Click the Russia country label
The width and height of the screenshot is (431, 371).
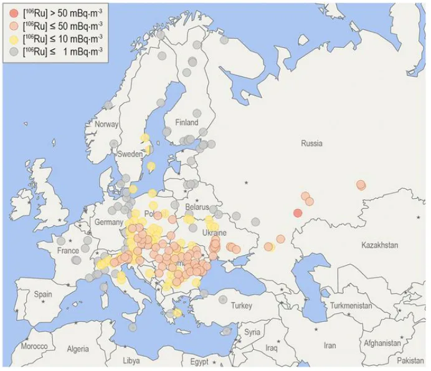pyautogui.click(x=311, y=143)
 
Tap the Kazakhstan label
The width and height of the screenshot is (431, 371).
pyautogui.click(x=379, y=245)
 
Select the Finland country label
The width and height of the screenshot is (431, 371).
pyautogui.click(x=187, y=122)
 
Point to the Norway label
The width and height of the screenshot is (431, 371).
pyautogui.click(x=107, y=124)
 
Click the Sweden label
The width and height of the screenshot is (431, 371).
pyautogui.click(x=130, y=153)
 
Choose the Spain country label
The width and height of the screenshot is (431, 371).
pyautogui.click(x=43, y=294)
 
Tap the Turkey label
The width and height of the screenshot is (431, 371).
pyautogui.click(x=241, y=306)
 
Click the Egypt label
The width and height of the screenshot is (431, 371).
pyautogui.click(x=199, y=362)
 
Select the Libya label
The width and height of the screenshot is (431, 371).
pyautogui.click(x=131, y=360)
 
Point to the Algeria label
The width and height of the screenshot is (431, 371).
pyautogui.click(x=78, y=349)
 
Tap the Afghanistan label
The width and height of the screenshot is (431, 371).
pyautogui.click(x=382, y=343)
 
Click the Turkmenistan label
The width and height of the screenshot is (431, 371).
pyautogui.click(x=351, y=306)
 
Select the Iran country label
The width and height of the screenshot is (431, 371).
pyautogui.click(x=329, y=345)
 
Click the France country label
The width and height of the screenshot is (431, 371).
pyautogui.click(x=68, y=250)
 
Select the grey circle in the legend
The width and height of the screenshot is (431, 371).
pyautogui.click(x=14, y=51)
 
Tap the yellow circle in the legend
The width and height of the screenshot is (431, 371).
pyautogui.click(x=14, y=39)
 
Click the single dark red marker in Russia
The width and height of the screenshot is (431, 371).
pyautogui.click(x=297, y=213)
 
